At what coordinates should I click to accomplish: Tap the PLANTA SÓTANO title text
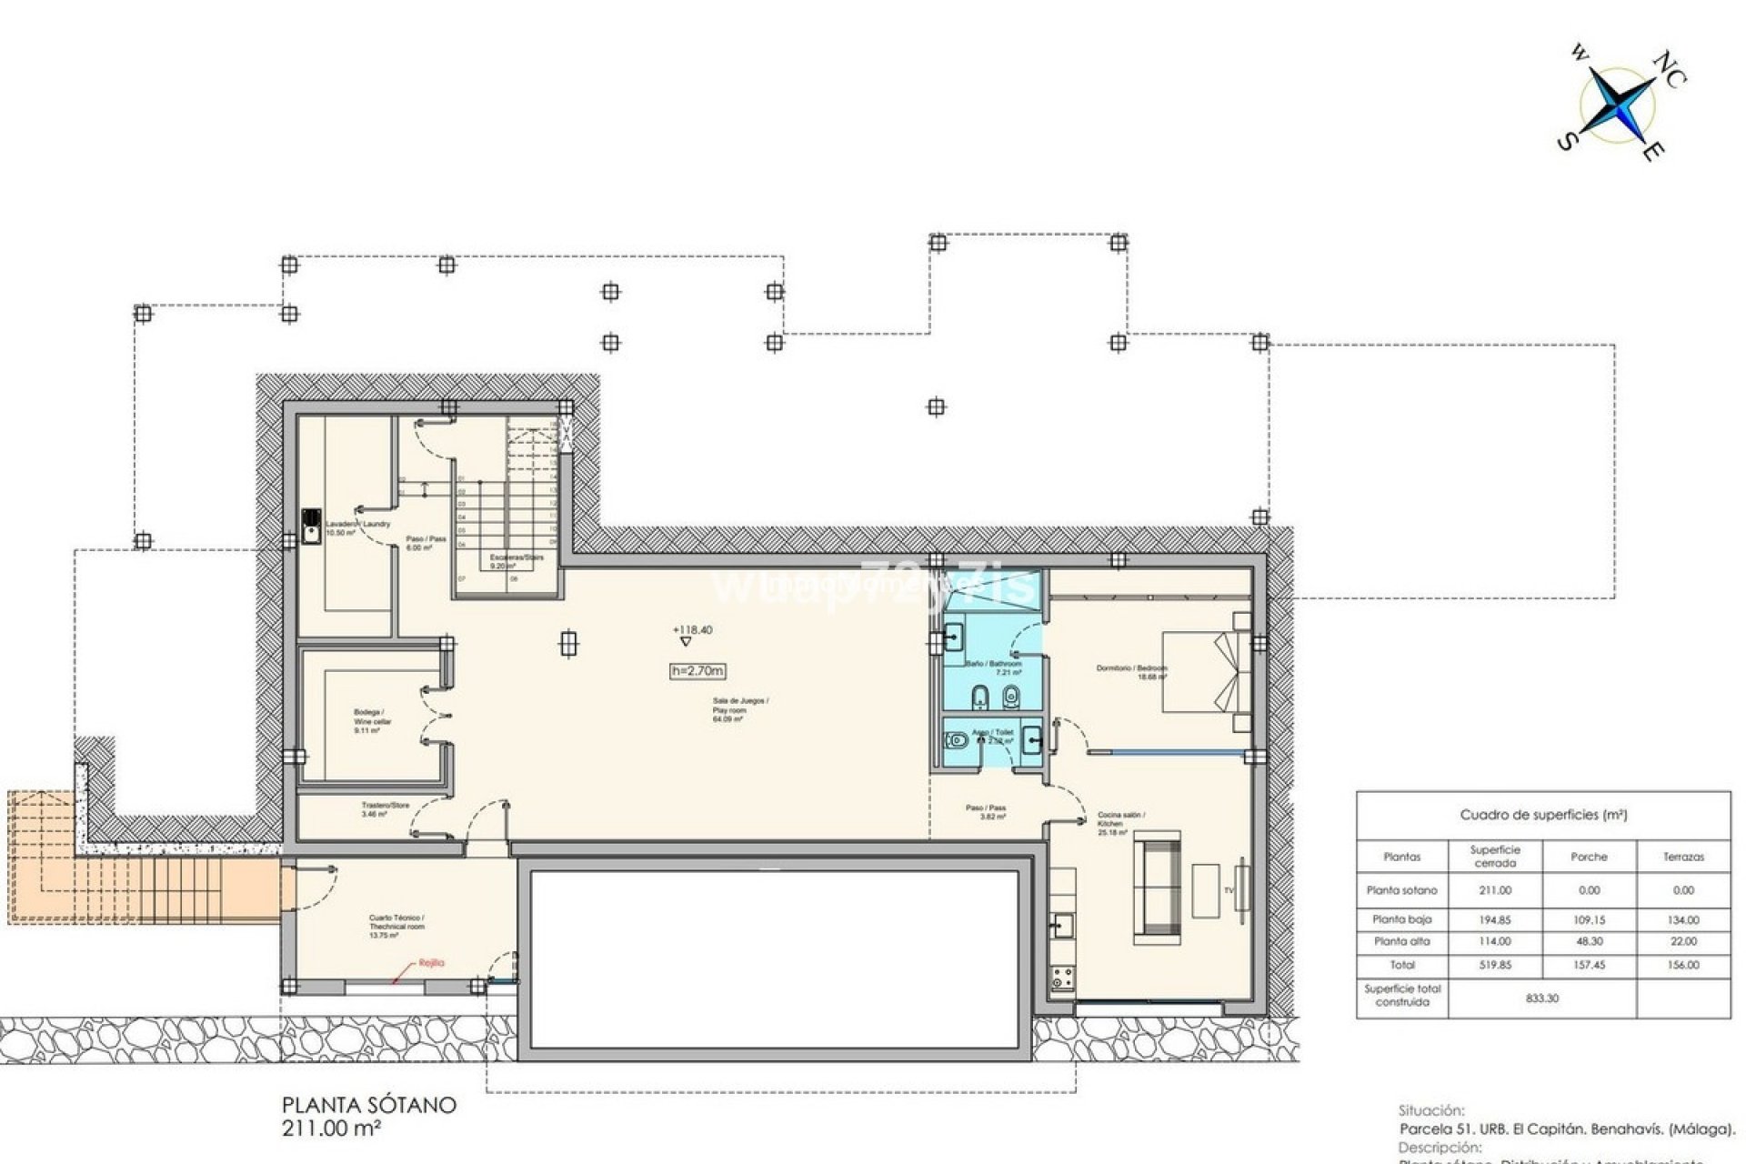(x=368, y=1106)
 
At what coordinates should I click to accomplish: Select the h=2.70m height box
(x=697, y=671)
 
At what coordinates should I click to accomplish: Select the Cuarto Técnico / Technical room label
(x=396, y=923)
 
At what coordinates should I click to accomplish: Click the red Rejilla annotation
(x=431, y=963)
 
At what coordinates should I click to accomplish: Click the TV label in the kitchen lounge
(x=1229, y=890)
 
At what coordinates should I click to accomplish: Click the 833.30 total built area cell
(x=1541, y=998)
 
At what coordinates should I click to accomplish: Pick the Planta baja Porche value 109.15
(x=1589, y=920)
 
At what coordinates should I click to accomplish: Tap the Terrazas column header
(x=1682, y=857)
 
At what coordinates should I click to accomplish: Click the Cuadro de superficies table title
(x=1542, y=815)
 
